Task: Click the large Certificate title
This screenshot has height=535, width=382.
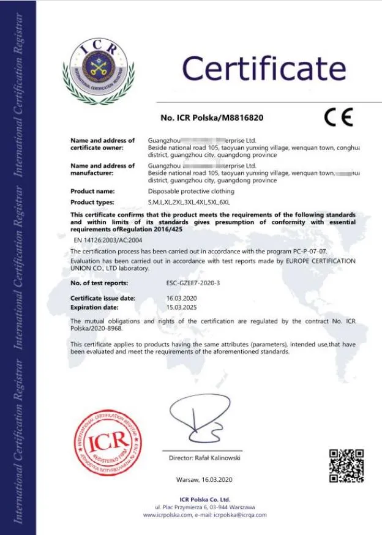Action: (264, 68)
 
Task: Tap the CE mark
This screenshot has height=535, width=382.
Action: (338, 117)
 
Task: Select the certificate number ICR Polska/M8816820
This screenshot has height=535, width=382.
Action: (212, 118)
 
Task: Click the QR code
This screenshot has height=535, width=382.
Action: (346, 465)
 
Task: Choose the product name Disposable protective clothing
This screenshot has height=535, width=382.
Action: (191, 192)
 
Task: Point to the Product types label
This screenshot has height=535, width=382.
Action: (92, 202)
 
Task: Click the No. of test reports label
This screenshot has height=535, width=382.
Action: (99, 283)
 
